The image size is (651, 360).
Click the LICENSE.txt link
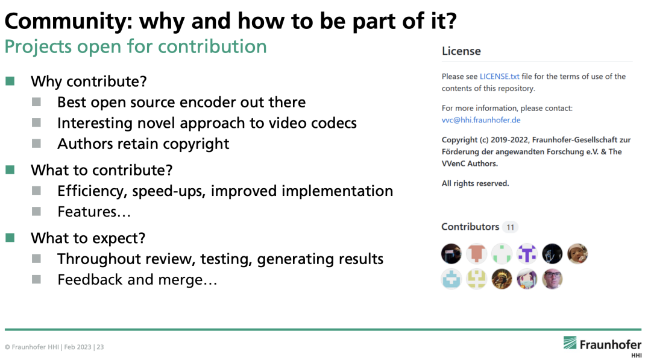click(500, 77)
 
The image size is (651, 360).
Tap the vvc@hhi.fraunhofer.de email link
click(481, 120)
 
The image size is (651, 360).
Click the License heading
click(461, 51)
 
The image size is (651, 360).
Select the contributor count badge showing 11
click(511, 227)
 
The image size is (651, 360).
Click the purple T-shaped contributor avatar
click(527, 254)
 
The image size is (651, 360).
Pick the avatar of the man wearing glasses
click(552, 279)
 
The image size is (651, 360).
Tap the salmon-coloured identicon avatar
click(476, 254)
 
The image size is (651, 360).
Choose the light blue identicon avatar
click(451, 279)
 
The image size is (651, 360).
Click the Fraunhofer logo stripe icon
click(570, 343)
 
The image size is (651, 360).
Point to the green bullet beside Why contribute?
click(10, 81)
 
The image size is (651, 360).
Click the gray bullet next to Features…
click(37, 211)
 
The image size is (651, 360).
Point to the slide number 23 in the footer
click(100, 347)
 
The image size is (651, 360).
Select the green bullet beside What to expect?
click(10, 238)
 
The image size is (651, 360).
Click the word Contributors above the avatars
click(470, 227)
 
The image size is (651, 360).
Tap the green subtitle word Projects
click(38, 47)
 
